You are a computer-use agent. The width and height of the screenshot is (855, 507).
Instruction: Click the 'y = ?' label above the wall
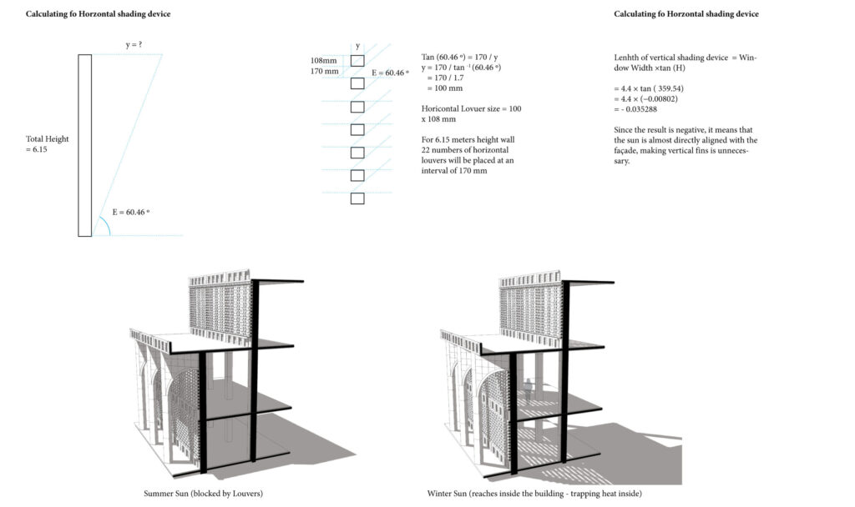click(x=134, y=44)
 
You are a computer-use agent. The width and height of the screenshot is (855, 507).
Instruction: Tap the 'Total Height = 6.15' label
click(x=48, y=143)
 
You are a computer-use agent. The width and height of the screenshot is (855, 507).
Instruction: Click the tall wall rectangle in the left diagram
click(x=84, y=145)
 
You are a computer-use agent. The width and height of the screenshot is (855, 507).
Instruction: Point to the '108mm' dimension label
click(x=323, y=60)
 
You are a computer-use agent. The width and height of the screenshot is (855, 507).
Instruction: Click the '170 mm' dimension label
click(x=325, y=71)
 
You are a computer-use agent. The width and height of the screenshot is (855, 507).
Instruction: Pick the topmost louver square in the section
click(x=357, y=60)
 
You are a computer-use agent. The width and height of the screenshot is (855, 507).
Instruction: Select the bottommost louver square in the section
click(x=357, y=198)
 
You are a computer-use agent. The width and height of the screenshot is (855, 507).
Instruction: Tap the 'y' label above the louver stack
click(x=357, y=47)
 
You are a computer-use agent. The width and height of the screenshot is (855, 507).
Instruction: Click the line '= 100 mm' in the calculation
click(x=445, y=88)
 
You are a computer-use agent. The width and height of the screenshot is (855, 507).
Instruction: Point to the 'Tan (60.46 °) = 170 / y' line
click(x=460, y=58)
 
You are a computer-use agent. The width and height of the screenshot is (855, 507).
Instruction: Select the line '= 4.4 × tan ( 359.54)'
click(x=649, y=88)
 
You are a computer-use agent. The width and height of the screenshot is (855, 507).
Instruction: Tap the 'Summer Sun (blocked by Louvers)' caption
click(x=204, y=494)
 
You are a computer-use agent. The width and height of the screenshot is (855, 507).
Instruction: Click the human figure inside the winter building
click(x=528, y=390)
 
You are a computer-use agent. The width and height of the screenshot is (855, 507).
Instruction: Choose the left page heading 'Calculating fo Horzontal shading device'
click(x=99, y=13)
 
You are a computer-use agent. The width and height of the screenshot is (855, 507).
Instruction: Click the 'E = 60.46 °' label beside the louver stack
click(x=390, y=73)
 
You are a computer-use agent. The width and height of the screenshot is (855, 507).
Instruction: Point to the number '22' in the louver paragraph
click(x=425, y=150)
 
